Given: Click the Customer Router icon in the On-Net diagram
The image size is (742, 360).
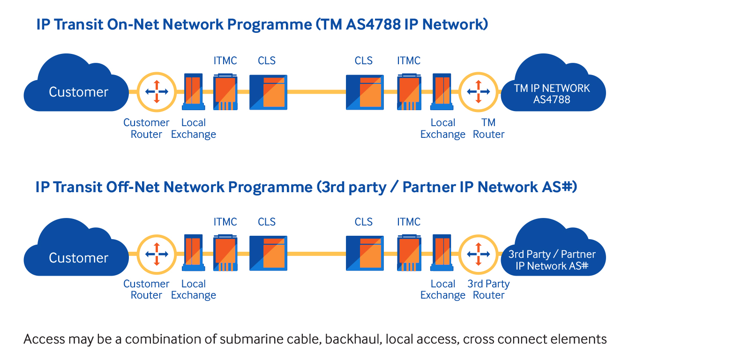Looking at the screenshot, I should tap(157, 92).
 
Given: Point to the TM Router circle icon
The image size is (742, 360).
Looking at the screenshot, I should tap(478, 92).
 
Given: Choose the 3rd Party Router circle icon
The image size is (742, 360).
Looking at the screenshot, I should tap(478, 254).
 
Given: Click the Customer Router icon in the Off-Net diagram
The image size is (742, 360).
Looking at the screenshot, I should tap(157, 254).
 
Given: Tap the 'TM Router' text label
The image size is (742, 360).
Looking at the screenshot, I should tap(488, 128).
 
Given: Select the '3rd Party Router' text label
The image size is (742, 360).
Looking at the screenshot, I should tap(488, 290).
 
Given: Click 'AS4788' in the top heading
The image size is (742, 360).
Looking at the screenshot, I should tap(373, 24).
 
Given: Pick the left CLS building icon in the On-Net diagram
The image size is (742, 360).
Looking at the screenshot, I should tap(268, 92).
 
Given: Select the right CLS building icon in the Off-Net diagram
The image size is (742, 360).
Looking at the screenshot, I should tap(365, 254).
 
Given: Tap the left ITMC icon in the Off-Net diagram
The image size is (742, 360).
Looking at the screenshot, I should tap(225, 254).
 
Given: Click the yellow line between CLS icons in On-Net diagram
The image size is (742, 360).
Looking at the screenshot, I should tap(316, 92).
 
